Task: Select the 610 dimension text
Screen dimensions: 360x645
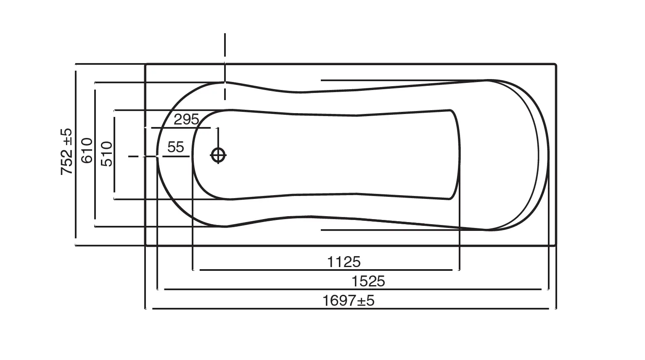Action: pos(87,151)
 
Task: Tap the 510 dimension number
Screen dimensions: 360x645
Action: pos(107,154)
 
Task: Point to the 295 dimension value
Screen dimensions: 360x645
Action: pos(186,120)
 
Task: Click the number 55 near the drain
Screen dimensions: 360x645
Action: pos(175,147)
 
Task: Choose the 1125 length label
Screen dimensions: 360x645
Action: pos(344,262)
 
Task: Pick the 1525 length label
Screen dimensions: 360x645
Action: pos(368,281)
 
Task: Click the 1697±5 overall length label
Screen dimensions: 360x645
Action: pos(348,301)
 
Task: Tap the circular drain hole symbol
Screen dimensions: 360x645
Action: pos(218,155)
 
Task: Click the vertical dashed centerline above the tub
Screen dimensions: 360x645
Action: pos(225,46)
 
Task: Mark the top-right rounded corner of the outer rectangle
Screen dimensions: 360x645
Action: pos(555,65)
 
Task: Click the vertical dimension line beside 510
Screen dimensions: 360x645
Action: pos(114,177)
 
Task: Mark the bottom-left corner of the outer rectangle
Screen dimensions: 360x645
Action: pos(145,245)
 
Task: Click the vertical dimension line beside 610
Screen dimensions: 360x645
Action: pos(95,189)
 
